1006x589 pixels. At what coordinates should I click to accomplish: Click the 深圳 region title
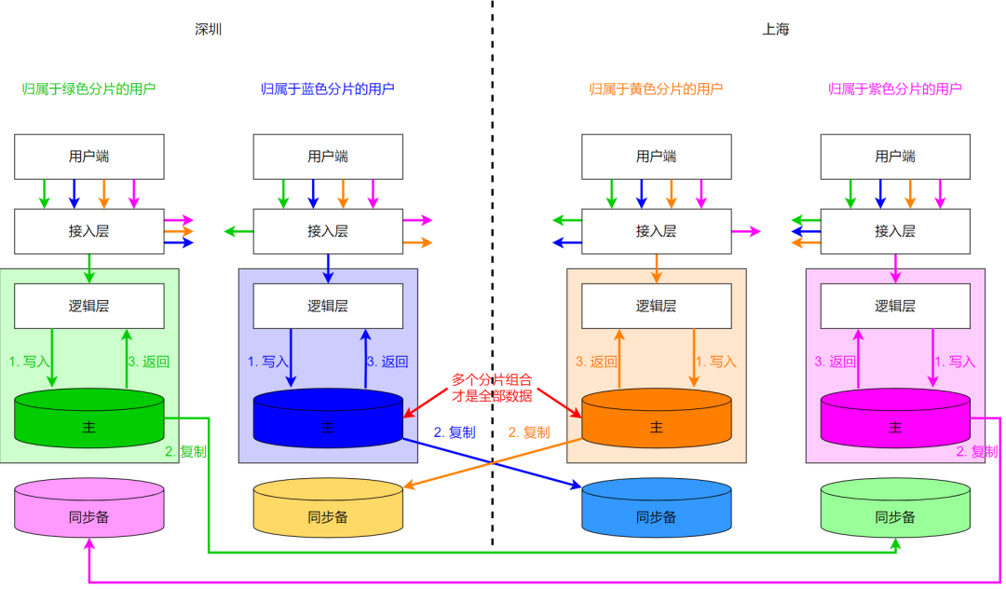[x=208, y=29]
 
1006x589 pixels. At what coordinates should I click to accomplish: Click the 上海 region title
[x=775, y=29]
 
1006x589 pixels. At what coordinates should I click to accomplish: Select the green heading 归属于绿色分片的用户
[x=88, y=89]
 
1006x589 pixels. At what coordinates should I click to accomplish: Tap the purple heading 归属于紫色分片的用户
[x=894, y=89]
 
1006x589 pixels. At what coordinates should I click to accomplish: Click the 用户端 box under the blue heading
[x=328, y=157]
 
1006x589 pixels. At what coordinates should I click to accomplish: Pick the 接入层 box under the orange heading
[x=656, y=231]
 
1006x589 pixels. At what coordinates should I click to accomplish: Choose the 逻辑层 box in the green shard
[x=89, y=306]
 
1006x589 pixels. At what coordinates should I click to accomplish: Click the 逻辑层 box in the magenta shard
[x=894, y=306]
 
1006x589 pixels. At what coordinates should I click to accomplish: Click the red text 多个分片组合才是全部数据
[x=492, y=388]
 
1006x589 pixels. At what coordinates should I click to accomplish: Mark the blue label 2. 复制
[x=455, y=432]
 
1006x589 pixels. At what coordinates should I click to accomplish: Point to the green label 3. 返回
[x=149, y=362]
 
